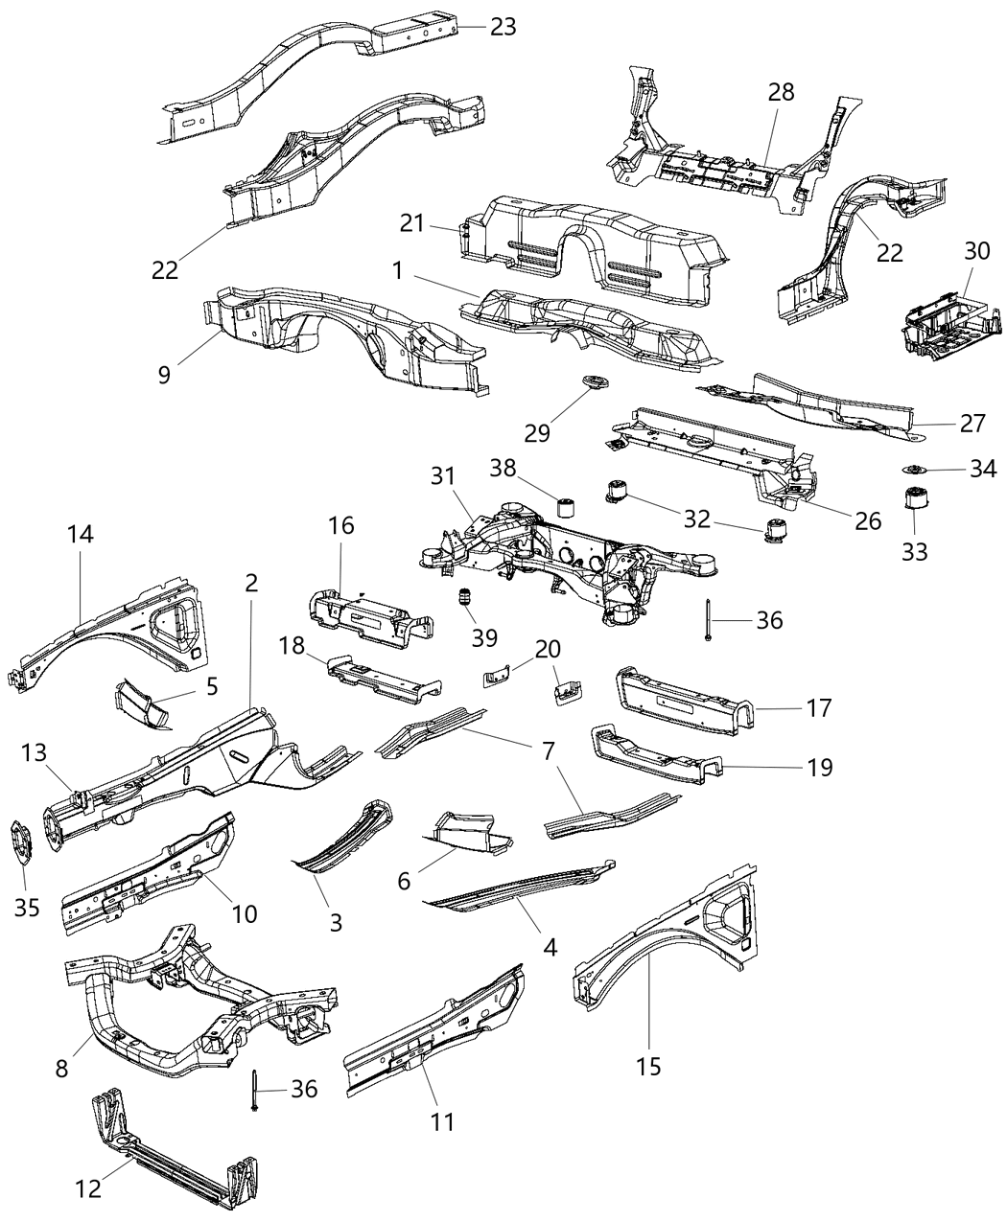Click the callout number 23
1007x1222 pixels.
(x=503, y=26)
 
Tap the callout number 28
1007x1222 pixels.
(x=781, y=93)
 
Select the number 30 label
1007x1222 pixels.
(x=976, y=251)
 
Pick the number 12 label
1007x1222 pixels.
(x=88, y=1189)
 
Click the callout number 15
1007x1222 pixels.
(x=649, y=1066)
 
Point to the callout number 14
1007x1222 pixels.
(x=80, y=534)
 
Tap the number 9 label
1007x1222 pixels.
(x=164, y=373)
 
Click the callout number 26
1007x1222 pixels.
(x=867, y=520)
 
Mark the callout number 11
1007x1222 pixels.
(x=442, y=1120)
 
